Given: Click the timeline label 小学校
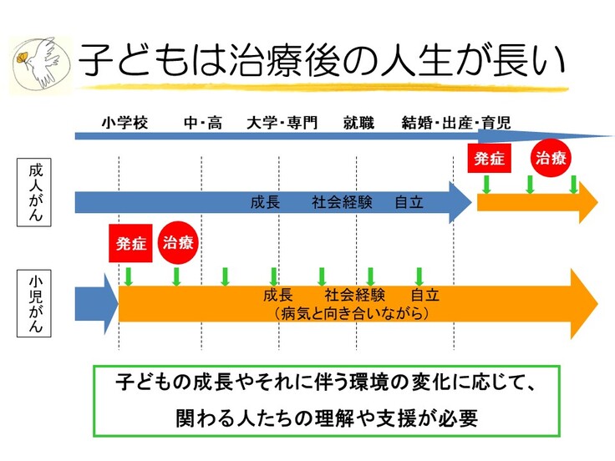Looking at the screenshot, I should (125, 124).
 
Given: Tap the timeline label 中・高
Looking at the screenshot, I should (203, 124).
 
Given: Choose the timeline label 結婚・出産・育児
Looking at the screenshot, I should (456, 124).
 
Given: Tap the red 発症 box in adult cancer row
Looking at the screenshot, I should (488, 158).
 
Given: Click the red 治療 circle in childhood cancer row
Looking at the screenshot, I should (178, 243).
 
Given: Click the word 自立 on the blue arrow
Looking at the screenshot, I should (409, 201).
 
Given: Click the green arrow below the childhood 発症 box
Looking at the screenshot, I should (129, 276).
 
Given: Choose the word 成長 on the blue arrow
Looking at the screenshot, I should (265, 201).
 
